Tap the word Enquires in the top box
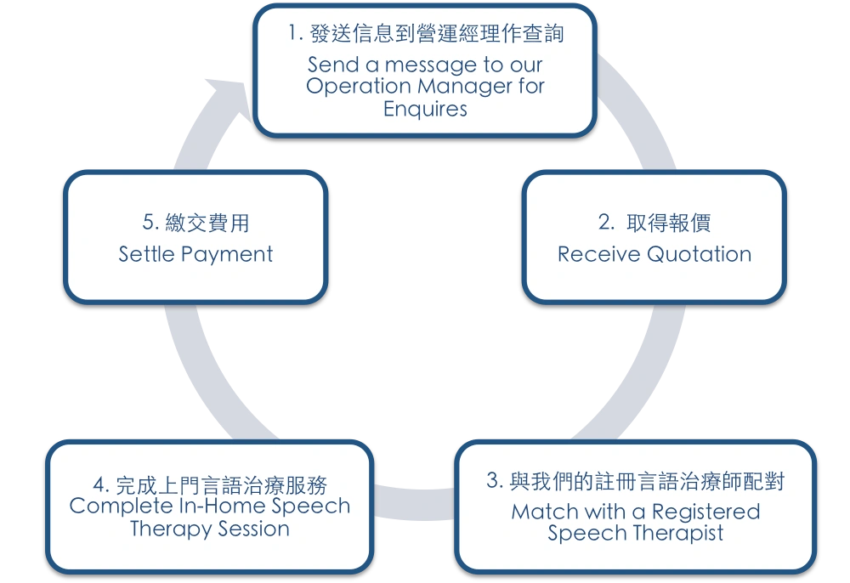(x=425, y=109)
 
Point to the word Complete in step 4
(x=116, y=506)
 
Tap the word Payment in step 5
(x=230, y=254)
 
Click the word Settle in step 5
(x=147, y=254)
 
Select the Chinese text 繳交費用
(x=206, y=223)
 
